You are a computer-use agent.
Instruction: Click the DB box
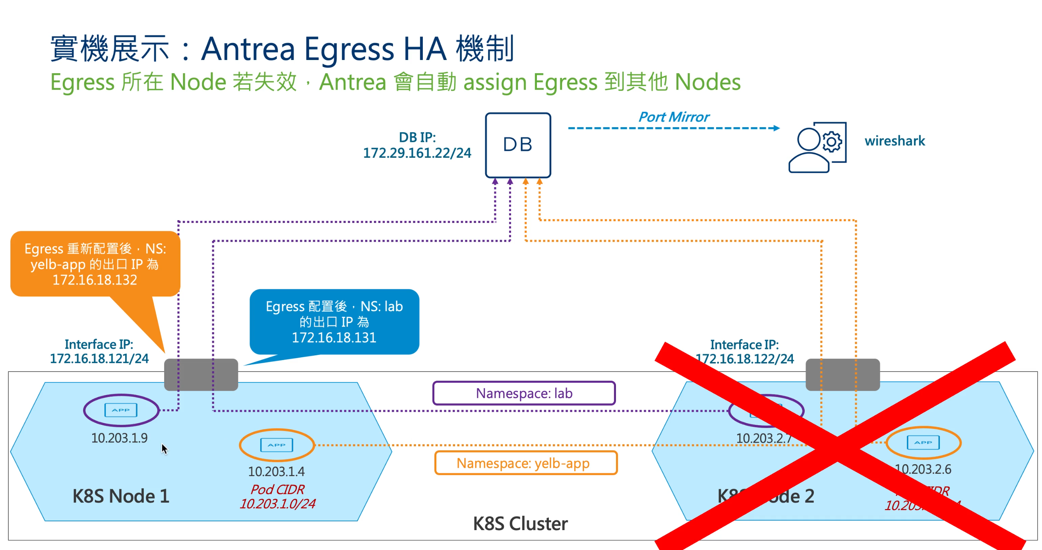click(x=518, y=145)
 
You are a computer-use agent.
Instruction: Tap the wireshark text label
click(x=894, y=141)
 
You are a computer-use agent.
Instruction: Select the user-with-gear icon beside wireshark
click(x=817, y=147)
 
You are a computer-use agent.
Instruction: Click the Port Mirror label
click(x=674, y=117)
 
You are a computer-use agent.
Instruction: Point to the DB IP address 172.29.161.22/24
click(x=417, y=153)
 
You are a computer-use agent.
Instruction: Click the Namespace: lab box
click(x=524, y=393)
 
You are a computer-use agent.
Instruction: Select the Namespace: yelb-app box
click(x=525, y=463)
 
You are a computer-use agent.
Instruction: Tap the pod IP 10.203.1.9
click(x=119, y=438)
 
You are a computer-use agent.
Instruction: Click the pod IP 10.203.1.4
click(x=276, y=472)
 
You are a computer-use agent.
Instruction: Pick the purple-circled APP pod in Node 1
click(x=121, y=411)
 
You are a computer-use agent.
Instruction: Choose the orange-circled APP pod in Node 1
click(x=277, y=445)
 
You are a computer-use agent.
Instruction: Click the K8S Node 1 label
click(x=120, y=496)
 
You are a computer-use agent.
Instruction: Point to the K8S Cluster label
click(x=520, y=524)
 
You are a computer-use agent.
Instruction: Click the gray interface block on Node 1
click(x=201, y=374)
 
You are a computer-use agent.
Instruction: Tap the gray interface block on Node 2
click(x=843, y=374)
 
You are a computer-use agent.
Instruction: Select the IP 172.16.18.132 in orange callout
click(x=95, y=280)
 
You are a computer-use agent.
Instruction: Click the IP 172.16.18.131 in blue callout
click(x=334, y=338)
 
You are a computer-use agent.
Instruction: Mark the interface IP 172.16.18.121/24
click(x=99, y=359)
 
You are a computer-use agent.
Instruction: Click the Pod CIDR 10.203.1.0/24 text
click(x=277, y=504)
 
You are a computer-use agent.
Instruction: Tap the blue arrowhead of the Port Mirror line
click(x=776, y=128)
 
